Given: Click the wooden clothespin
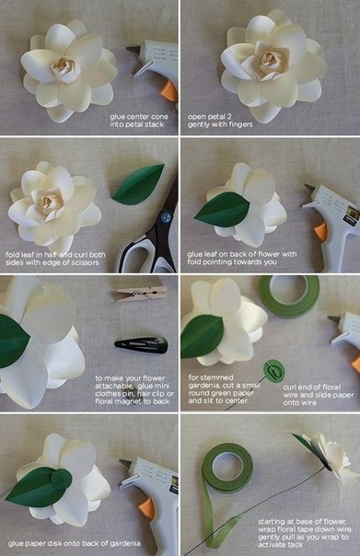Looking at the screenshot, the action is pos(142,294).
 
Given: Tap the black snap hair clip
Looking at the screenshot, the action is pos(141,345).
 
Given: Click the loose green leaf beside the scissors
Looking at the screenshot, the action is pos(138,184).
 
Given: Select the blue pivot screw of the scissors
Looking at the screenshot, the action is pos(165,217).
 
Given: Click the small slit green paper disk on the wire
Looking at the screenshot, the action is pos(273,371).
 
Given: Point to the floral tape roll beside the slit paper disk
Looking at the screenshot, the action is pos(288,296).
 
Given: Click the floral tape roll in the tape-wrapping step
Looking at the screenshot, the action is pos(227,468).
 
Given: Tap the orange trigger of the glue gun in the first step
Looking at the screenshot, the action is pos(168,91).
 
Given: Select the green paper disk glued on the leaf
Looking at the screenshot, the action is pos(61,480).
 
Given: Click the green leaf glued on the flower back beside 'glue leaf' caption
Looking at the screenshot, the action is pos(223,209).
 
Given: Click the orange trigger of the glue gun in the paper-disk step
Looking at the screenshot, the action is pos(146,508).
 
